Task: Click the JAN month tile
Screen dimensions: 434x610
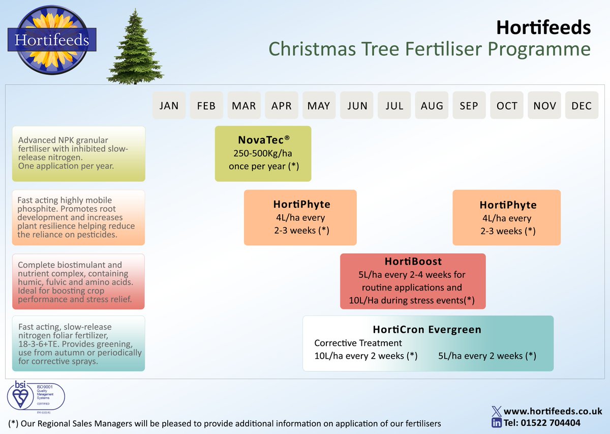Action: click(x=169, y=106)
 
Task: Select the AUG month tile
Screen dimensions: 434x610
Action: click(x=432, y=106)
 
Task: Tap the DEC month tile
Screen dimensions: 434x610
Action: click(x=582, y=106)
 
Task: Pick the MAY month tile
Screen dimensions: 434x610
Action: click(x=319, y=106)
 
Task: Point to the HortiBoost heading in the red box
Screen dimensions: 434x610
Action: click(x=413, y=262)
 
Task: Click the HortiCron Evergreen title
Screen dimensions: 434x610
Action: click(x=427, y=329)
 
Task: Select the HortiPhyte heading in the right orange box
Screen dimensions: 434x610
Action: click(x=507, y=205)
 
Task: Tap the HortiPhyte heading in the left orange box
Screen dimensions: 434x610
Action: click(x=301, y=204)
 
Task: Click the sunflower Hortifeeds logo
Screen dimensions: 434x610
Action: click(x=52, y=40)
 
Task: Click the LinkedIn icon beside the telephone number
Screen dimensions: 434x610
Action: click(x=496, y=423)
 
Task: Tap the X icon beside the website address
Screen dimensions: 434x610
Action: click(x=496, y=411)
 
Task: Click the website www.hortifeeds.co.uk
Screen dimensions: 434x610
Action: click(x=553, y=411)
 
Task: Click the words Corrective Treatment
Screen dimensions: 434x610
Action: click(x=358, y=343)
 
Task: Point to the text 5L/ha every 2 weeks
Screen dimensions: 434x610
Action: click(x=486, y=356)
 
